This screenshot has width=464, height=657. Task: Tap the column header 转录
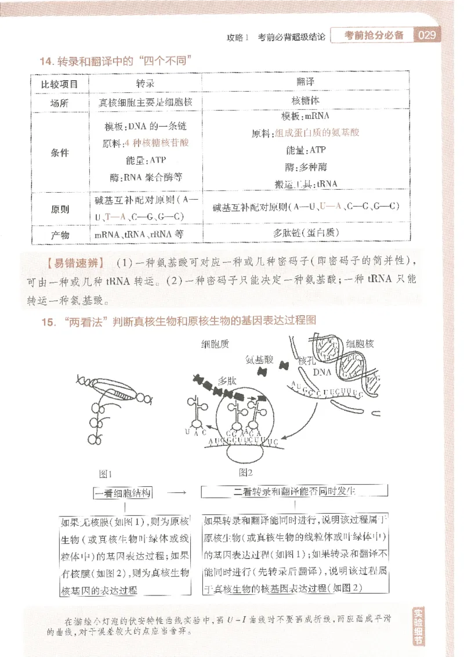(145, 84)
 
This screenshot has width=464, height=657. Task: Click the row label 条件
(60, 153)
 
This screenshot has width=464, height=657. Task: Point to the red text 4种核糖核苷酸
(156, 142)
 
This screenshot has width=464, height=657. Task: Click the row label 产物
(60, 234)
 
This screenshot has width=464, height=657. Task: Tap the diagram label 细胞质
(215, 344)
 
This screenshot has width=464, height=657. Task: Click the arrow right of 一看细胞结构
(180, 493)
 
